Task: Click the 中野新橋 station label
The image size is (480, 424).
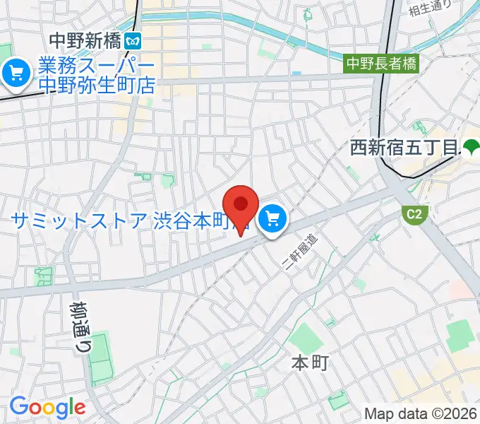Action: (85, 41)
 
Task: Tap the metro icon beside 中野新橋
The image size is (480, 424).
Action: (132, 41)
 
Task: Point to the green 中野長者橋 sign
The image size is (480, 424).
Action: (381, 64)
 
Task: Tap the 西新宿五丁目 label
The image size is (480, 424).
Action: (405, 148)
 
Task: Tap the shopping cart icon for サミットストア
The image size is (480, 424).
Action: (272, 220)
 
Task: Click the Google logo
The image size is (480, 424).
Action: (47, 406)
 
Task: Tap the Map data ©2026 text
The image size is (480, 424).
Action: (421, 413)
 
